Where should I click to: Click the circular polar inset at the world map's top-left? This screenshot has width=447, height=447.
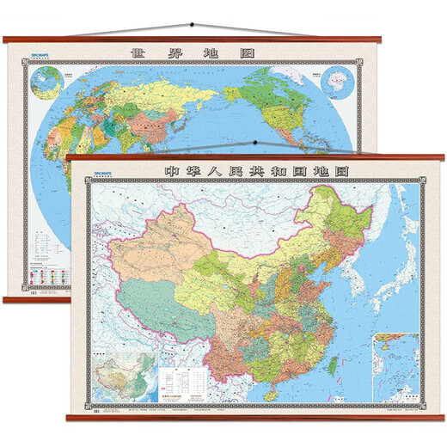pyautogui.click(x=40, y=83)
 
